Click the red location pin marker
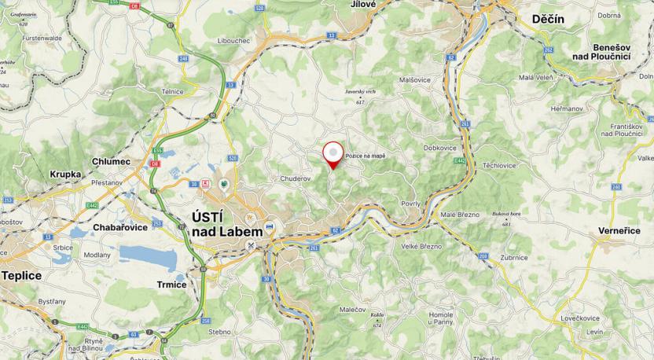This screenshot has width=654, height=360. pyautogui.click(x=334, y=153)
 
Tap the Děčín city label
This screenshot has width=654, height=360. pyautogui.click(x=548, y=19)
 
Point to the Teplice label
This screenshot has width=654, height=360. pyautogui.click(x=21, y=276)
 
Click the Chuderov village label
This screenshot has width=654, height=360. pyautogui.click(x=296, y=178)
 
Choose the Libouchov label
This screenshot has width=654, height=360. pyautogui.click(x=235, y=40)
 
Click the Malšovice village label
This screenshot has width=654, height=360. pyautogui.click(x=413, y=79)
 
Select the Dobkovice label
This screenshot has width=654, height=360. pyautogui.click(x=440, y=148)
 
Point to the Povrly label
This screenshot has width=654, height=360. pyautogui.click(x=410, y=203)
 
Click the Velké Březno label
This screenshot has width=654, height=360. pyautogui.click(x=421, y=247)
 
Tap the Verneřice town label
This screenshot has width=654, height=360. pyautogui.click(x=620, y=232)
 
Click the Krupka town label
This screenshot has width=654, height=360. pyautogui.click(x=65, y=174)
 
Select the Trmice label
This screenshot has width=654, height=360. pyautogui.click(x=171, y=285)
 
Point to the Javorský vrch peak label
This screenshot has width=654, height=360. pyautogui.click(x=361, y=92)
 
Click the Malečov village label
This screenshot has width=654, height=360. pyautogui.click(x=355, y=310)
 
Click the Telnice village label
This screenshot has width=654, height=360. pyautogui.click(x=172, y=92)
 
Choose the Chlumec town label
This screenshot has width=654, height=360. pyautogui.click(x=110, y=161)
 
